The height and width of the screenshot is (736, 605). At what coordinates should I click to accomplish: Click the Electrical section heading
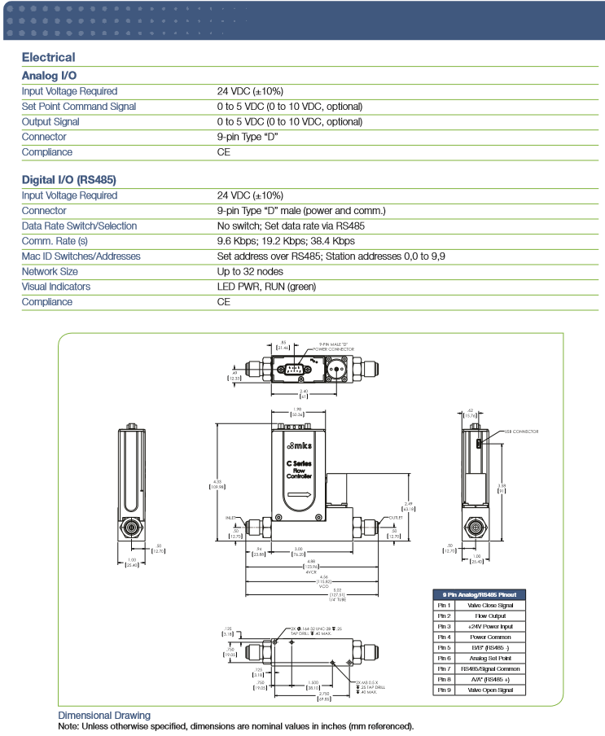point(48,57)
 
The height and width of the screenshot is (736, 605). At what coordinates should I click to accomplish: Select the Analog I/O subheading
point(49,75)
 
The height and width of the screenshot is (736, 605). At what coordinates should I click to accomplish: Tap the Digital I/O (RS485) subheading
point(70,179)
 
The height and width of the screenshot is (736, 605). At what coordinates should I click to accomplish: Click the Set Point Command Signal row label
point(79,107)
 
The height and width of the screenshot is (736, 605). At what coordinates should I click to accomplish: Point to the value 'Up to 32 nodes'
point(250,271)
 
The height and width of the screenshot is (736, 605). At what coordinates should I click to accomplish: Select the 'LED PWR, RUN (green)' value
point(266,287)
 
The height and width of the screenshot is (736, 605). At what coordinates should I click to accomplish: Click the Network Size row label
point(50,271)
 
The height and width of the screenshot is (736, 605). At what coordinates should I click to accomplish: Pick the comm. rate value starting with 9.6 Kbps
point(286,241)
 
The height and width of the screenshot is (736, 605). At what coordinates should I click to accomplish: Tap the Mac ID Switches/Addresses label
point(81,256)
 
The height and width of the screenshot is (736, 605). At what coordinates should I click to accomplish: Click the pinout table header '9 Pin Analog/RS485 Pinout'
point(480,595)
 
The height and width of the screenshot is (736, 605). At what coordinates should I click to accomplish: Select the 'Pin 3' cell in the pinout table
point(444,627)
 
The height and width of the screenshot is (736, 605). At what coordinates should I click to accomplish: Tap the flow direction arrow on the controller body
point(299,494)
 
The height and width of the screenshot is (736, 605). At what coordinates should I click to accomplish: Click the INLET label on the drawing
point(230,517)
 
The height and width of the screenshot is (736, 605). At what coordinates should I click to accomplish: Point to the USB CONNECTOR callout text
point(521,432)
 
